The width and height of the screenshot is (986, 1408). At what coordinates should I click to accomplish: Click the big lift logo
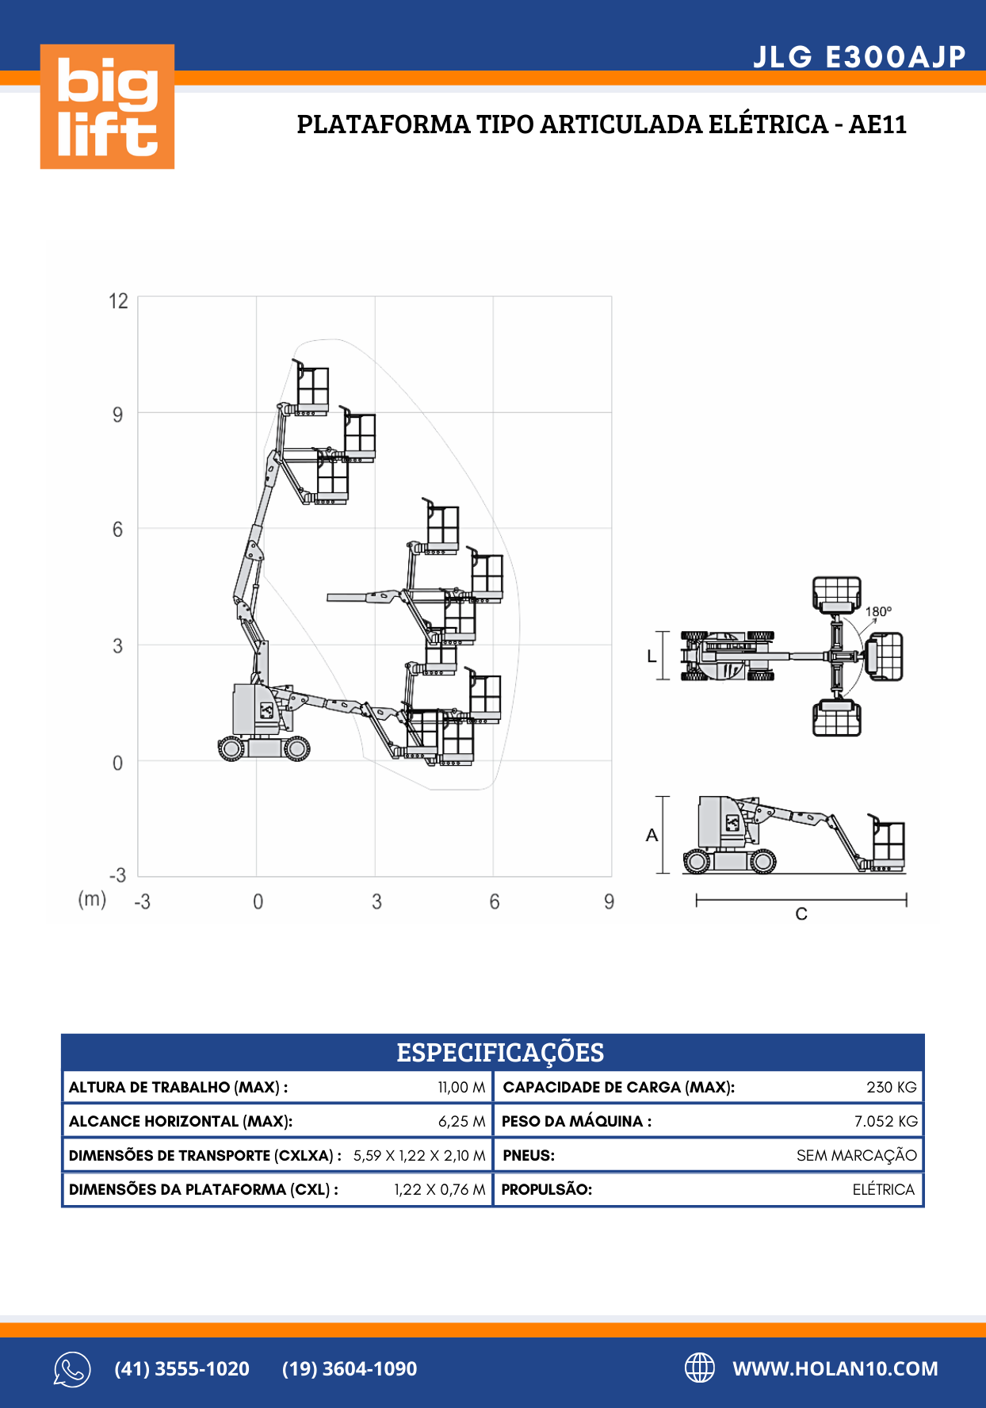pyautogui.click(x=107, y=106)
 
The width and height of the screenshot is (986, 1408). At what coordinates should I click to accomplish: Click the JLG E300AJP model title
pyautogui.click(x=859, y=57)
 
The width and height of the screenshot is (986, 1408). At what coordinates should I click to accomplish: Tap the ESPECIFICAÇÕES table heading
pyautogui.click(x=500, y=1052)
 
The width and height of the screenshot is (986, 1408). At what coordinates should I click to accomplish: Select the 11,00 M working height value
pyautogui.click(x=461, y=1087)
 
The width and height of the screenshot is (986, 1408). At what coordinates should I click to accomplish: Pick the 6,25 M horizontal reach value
pyautogui.click(x=461, y=1121)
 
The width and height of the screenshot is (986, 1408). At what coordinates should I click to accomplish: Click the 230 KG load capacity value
pyautogui.click(x=891, y=1087)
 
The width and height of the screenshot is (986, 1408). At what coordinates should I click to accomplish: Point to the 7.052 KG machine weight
pyautogui.click(x=885, y=1121)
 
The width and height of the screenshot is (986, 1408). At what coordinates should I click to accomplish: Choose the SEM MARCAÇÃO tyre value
pyautogui.click(x=856, y=1155)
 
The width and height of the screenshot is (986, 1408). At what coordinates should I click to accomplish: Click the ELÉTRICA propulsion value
pyautogui.click(x=883, y=1189)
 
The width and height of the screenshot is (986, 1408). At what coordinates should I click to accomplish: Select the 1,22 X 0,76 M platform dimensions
pyautogui.click(x=439, y=1189)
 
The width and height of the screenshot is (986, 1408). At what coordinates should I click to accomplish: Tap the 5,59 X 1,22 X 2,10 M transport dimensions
pyautogui.click(x=418, y=1155)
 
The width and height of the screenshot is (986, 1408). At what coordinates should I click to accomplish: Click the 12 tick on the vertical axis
pyautogui.click(x=118, y=301)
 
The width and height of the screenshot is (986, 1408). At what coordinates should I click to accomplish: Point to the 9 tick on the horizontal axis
pyautogui.click(x=609, y=901)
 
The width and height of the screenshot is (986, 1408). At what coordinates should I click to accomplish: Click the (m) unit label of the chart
pyautogui.click(x=92, y=899)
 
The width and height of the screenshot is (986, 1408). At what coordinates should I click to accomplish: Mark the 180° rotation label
pyautogui.click(x=878, y=611)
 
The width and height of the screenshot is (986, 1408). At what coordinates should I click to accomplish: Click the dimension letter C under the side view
pyautogui.click(x=801, y=914)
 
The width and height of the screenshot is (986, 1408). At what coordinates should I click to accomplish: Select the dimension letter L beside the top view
pyautogui.click(x=652, y=656)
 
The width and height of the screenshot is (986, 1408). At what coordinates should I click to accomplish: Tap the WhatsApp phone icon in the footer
pyautogui.click(x=72, y=1369)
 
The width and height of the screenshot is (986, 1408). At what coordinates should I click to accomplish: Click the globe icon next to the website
pyautogui.click(x=699, y=1368)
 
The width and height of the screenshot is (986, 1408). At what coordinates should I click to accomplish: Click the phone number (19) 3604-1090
pyautogui.click(x=350, y=1368)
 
